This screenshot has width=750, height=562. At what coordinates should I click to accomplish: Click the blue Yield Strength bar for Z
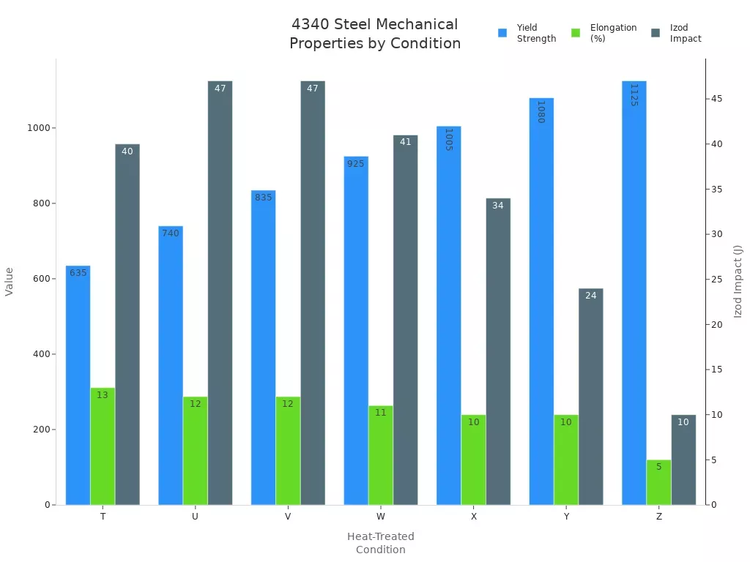634,293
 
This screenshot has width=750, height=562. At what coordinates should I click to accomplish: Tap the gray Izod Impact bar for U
220,293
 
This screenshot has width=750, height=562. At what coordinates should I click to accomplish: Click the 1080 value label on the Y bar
541,112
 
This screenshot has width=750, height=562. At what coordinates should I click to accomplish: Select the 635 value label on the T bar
78,273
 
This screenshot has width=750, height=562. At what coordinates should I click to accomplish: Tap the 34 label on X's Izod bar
498,206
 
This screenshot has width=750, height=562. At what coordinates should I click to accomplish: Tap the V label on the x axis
288,517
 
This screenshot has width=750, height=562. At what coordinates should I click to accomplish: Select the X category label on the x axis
473,517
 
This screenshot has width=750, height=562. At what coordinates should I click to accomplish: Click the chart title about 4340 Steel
375,34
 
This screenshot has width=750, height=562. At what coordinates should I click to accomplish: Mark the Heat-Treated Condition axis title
380,543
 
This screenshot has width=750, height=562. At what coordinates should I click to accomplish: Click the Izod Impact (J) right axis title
738,282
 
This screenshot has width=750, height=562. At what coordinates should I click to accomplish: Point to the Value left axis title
10,282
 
